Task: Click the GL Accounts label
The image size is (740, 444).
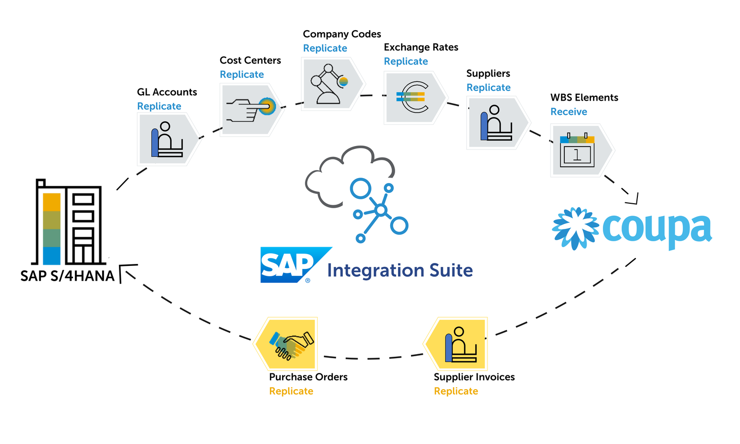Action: tap(167, 92)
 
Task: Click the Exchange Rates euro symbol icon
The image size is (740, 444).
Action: tap(412, 97)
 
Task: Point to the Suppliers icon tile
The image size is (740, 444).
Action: tap(495, 123)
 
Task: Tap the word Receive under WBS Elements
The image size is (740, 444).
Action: tap(568, 112)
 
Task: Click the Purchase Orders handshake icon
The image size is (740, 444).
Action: tap(289, 344)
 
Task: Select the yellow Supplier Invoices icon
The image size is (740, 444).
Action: tap(459, 344)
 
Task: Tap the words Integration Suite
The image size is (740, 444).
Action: tap(400, 270)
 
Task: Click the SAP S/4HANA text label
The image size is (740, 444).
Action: tap(67, 276)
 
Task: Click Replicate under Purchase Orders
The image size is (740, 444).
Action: tap(291, 391)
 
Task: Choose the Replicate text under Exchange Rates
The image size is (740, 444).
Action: tap(406, 62)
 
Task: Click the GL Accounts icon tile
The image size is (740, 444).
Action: tap(167, 140)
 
